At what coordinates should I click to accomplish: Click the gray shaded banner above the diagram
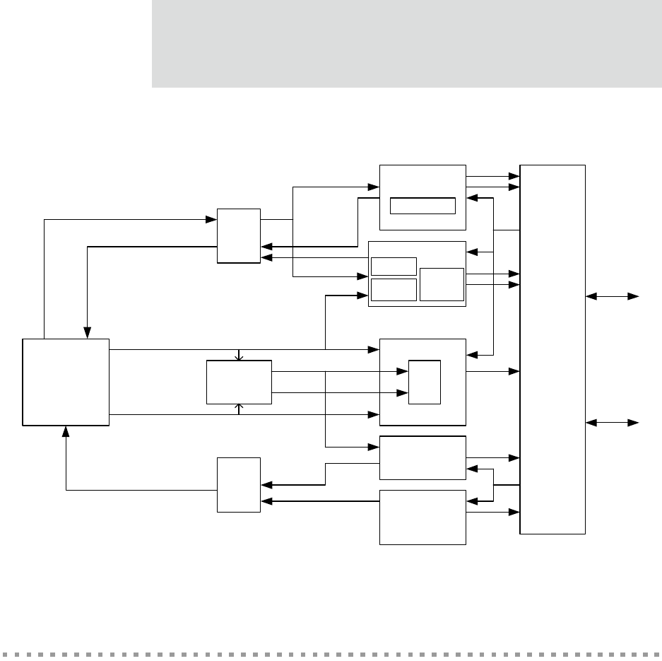pos(406,44)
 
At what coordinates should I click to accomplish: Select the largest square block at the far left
pos(66,382)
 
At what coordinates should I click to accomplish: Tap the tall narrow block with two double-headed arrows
pos(552,349)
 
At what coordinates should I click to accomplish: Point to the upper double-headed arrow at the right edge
pos(613,297)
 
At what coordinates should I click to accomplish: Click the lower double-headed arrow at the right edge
pos(613,423)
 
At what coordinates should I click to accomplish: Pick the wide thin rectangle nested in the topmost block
pos(422,206)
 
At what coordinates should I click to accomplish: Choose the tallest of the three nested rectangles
pos(442,284)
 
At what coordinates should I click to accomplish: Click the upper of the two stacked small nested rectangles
pos(394,266)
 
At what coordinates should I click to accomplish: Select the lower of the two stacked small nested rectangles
pos(394,289)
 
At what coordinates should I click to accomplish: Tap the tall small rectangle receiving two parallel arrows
pos(425,382)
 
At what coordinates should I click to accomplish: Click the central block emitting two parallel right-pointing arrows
pos(239,382)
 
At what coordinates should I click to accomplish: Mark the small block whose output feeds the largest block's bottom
pos(239,484)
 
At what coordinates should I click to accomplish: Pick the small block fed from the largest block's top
pos(239,235)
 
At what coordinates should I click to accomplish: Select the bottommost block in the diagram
pos(422,517)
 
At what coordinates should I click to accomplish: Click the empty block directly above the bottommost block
pos(422,458)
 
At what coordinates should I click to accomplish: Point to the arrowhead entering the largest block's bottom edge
pos(66,431)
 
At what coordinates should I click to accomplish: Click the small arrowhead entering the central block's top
pos(240,358)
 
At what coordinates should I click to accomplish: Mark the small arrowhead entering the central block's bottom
pos(240,406)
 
